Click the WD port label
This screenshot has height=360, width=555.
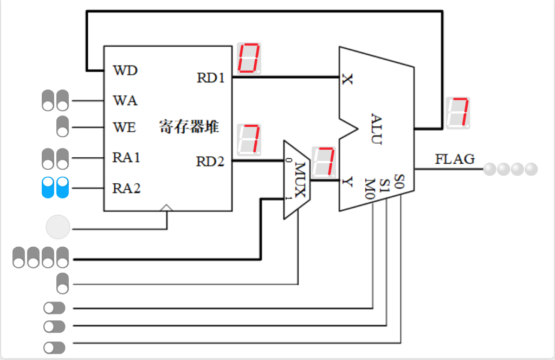tap(125, 70)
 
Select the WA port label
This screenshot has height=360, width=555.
tap(125, 101)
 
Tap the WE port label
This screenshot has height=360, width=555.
tap(124, 128)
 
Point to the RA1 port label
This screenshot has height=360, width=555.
tap(126, 158)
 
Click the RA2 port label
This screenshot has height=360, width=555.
tap(126, 189)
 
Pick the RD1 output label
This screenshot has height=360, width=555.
tap(210, 78)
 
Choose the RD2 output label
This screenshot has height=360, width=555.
tap(210, 161)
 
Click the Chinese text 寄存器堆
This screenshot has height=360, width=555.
tap(189, 127)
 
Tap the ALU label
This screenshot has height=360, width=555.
tap(377, 129)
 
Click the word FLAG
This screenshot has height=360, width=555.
tap(455, 159)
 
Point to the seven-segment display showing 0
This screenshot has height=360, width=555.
tap(249, 58)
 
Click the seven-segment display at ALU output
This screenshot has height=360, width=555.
tap(457, 113)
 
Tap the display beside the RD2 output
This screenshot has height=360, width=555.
tap(249, 139)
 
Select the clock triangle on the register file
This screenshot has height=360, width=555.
tap(167, 208)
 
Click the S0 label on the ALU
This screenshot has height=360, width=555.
tap(399, 179)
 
